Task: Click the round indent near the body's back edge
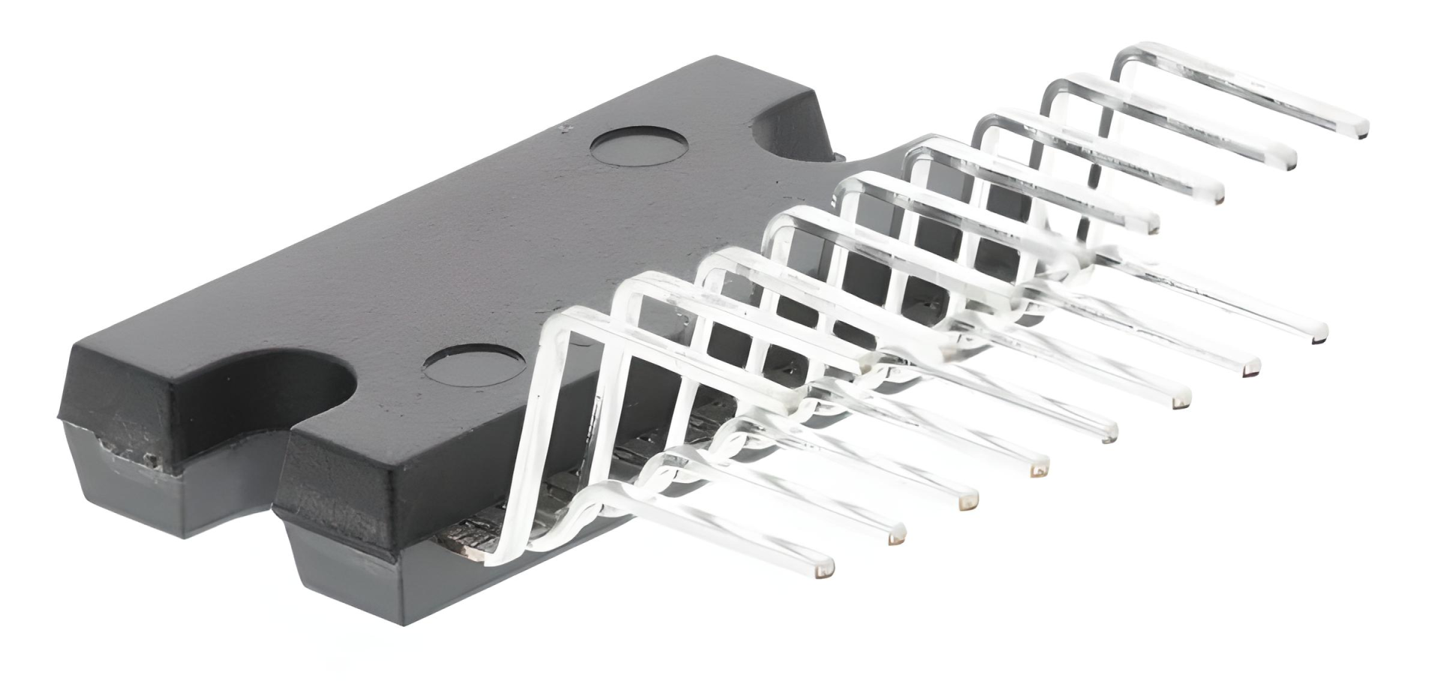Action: click(x=638, y=145)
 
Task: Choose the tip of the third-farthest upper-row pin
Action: click(x=1218, y=196)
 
